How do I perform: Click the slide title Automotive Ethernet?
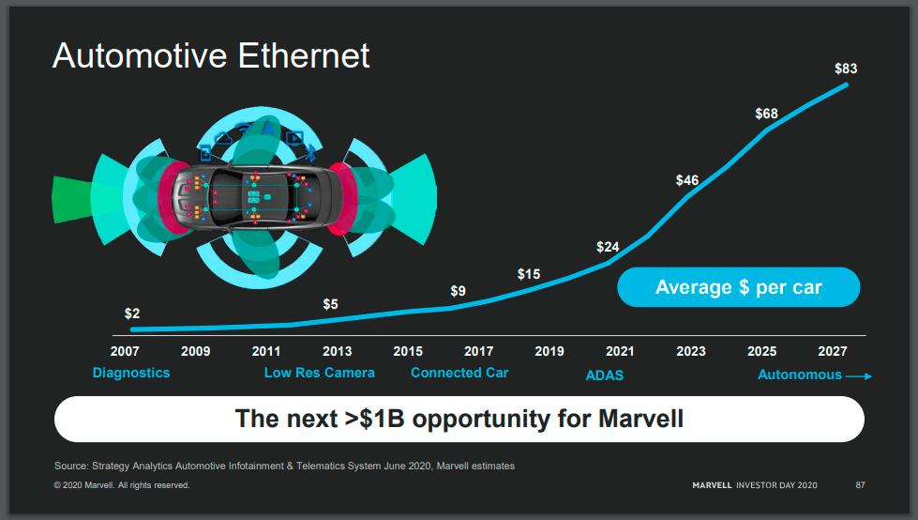pyautogui.click(x=211, y=56)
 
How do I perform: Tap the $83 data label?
pyautogui.click(x=846, y=69)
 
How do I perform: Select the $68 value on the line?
pyautogui.click(x=766, y=114)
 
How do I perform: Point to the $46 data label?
pyautogui.click(x=687, y=179)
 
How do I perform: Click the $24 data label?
pyautogui.click(x=608, y=247)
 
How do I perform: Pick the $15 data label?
pyautogui.click(x=529, y=274)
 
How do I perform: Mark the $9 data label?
pyautogui.click(x=458, y=291)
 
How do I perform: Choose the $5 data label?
pyautogui.click(x=331, y=304)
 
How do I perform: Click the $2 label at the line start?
pyautogui.click(x=132, y=314)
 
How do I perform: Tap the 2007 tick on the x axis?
pyautogui.click(x=125, y=351)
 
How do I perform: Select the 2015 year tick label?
pyautogui.click(x=408, y=351)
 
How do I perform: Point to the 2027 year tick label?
pyautogui.click(x=833, y=351)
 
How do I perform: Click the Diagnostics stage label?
pyautogui.click(x=131, y=373)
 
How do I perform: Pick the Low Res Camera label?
pyautogui.click(x=320, y=373)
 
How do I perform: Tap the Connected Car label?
pyautogui.click(x=459, y=373)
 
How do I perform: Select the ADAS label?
pyautogui.click(x=605, y=375)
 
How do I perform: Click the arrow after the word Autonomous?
pyautogui.click(x=859, y=376)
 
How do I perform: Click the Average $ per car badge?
pyautogui.click(x=738, y=287)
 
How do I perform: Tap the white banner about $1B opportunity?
pyautogui.click(x=459, y=419)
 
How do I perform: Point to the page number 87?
pyautogui.click(x=860, y=485)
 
